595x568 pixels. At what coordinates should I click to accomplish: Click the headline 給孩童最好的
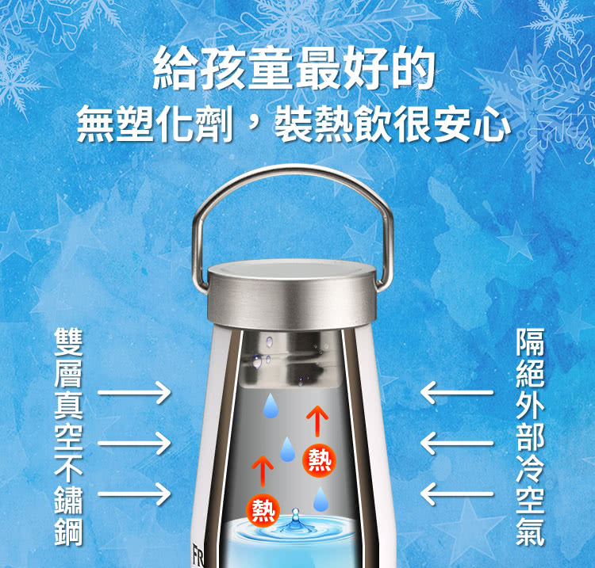point(294,68)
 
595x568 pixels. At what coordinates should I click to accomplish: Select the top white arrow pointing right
point(134,393)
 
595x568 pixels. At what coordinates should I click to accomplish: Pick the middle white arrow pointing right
point(134,443)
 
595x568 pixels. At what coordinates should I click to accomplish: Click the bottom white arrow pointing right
point(134,494)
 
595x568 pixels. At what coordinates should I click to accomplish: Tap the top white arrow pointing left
point(457,393)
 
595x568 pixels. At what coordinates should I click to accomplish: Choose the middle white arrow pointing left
point(457,443)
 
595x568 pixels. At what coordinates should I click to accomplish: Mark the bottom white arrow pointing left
point(457,494)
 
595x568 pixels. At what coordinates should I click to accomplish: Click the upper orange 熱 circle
point(319,460)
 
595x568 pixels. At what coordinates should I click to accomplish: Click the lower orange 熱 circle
point(263,510)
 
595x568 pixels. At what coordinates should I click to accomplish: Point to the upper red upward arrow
point(317,421)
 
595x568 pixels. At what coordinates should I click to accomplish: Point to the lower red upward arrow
point(263,471)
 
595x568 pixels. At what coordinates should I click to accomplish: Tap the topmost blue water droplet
point(271,406)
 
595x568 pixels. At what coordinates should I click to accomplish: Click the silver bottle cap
point(292,294)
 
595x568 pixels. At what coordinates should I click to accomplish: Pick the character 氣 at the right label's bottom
point(530,531)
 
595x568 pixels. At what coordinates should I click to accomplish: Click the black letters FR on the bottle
point(198,555)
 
